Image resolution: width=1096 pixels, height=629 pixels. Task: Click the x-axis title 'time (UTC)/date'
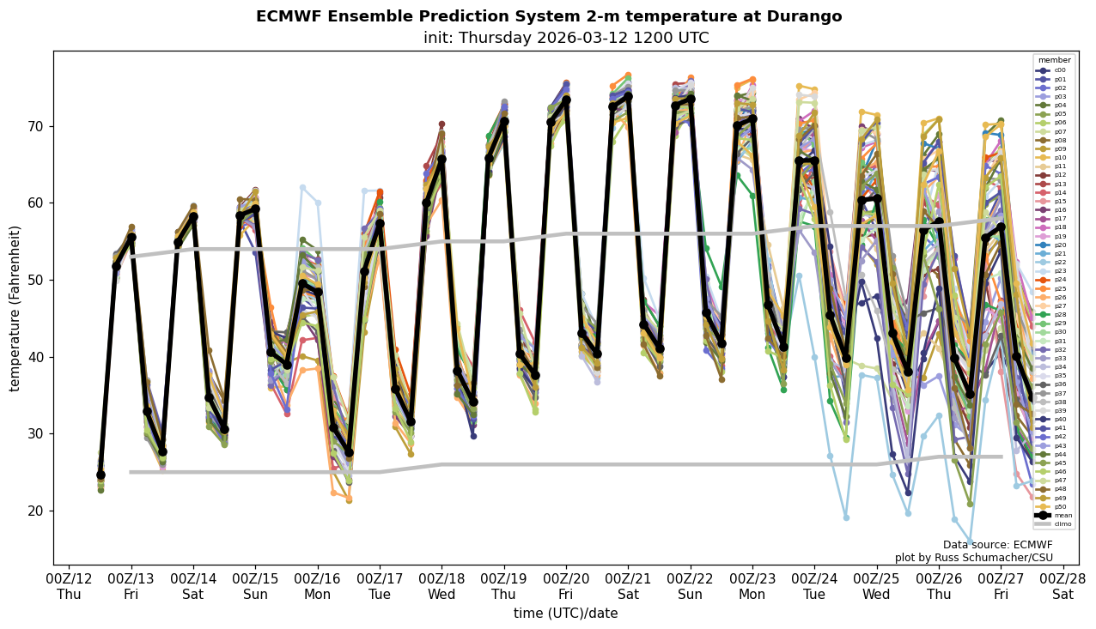click(x=565, y=614)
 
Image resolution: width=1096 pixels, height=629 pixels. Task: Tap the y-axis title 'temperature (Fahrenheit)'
click(x=15, y=308)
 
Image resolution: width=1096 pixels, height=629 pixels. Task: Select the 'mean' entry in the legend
click(x=1055, y=515)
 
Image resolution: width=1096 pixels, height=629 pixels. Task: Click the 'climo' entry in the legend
click(x=1055, y=523)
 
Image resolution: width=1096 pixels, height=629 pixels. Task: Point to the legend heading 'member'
click(x=1054, y=60)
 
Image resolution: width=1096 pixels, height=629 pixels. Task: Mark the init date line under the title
click(x=565, y=39)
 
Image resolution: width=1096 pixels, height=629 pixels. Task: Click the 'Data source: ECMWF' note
click(x=997, y=545)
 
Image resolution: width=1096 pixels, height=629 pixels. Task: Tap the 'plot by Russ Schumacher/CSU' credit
click(x=973, y=558)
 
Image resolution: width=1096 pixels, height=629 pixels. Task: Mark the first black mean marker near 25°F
click(x=100, y=475)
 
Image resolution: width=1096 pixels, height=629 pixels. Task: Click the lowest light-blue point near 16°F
click(x=970, y=542)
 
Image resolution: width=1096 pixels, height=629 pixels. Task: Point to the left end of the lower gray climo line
click(x=131, y=472)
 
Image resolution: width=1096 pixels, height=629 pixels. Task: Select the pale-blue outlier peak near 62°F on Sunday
click(x=302, y=187)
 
